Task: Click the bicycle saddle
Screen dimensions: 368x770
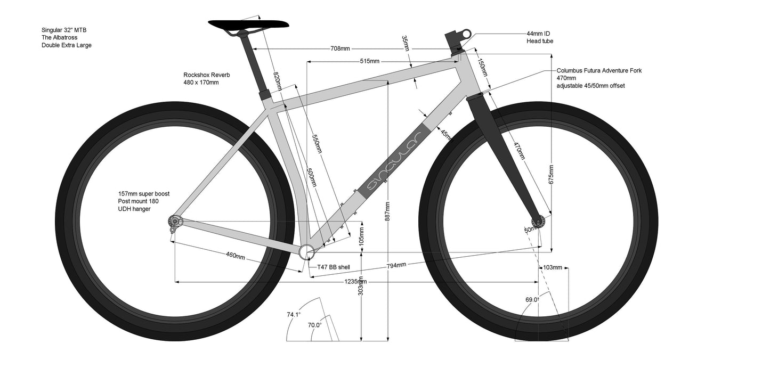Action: [248, 24]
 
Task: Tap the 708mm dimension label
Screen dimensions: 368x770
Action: [340, 49]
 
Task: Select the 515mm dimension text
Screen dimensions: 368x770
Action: [369, 61]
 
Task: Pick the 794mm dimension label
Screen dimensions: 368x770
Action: [396, 265]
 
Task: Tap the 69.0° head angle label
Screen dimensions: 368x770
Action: [531, 300]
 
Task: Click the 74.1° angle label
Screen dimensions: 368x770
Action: [294, 315]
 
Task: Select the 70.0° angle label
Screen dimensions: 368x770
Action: [314, 324]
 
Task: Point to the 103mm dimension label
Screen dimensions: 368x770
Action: [553, 267]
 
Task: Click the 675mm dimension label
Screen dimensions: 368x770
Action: [552, 174]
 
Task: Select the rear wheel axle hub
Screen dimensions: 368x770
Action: [174, 220]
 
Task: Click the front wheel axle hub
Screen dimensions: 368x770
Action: [539, 222]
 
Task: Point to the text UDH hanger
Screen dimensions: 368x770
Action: [134, 209]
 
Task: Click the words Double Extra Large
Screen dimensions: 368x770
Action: [67, 45]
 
